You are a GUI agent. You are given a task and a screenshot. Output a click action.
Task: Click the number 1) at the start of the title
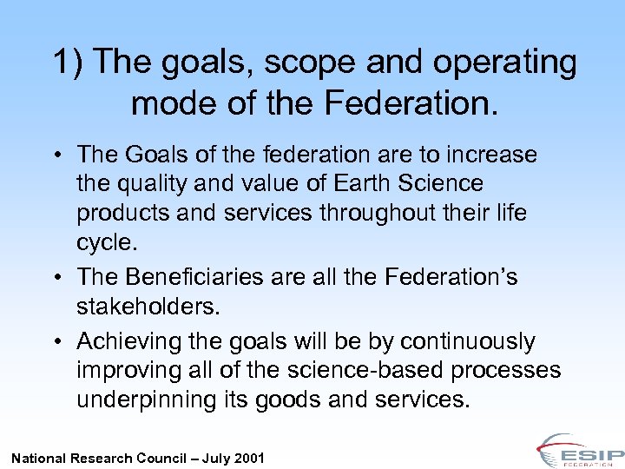[69, 63]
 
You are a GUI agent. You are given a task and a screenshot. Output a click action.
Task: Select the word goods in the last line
[326, 400]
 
